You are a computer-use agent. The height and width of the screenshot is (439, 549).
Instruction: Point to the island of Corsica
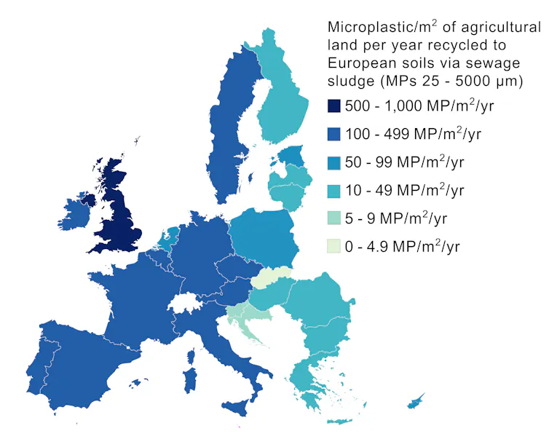pyautogui.click(x=191, y=357)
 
